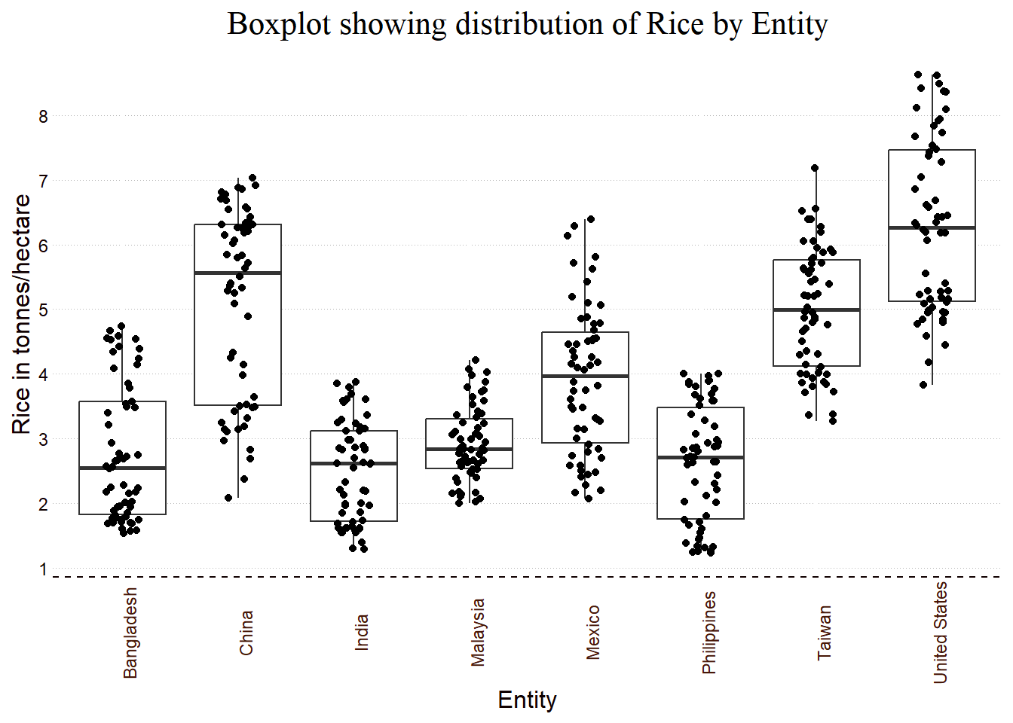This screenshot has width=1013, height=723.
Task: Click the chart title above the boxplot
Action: point(528,24)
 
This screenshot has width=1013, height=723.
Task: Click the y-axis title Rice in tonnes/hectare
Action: point(22,314)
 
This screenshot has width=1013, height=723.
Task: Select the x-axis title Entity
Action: point(527,700)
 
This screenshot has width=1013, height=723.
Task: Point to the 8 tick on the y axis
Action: point(43,117)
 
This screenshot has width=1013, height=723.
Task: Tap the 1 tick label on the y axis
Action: point(43,569)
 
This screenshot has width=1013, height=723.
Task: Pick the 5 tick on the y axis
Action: point(43,310)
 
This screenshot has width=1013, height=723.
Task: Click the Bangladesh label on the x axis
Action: point(130,633)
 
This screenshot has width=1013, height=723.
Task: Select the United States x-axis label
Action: point(940,633)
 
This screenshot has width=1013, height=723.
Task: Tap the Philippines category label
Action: point(708,633)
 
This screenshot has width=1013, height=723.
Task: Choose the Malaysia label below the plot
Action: point(477,633)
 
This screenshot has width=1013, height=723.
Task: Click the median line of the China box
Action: point(237,273)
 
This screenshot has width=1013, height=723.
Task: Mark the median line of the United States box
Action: point(932,227)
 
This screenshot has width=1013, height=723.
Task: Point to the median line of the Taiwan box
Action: point(816,310)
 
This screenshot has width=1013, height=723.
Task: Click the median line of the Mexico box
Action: point(585,376)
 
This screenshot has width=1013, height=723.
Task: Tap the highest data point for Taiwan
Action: point(815,168)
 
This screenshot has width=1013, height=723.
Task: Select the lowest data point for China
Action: point(228,498)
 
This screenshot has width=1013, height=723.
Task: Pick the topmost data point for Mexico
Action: point(591,219)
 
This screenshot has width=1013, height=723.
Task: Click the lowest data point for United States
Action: point(923,385)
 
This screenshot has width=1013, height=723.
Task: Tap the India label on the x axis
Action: point(362,633)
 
